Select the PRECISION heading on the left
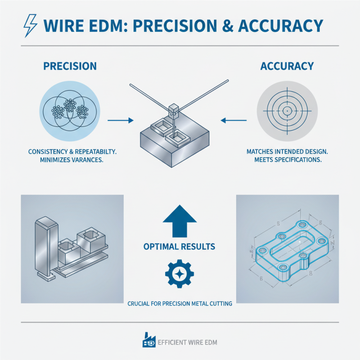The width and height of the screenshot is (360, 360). pos(70,66)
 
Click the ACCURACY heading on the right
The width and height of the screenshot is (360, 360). pos(287,66)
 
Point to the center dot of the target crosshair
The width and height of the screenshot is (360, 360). pos(286,110)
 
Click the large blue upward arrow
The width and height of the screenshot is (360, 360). pos(179,220)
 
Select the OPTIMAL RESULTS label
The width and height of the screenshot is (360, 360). pos(179,247)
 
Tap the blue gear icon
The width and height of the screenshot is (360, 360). pos(179,274)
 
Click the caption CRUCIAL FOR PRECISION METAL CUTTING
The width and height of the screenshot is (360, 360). pos(179,304)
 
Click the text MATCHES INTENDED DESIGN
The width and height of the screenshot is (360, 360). pos(286,152)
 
